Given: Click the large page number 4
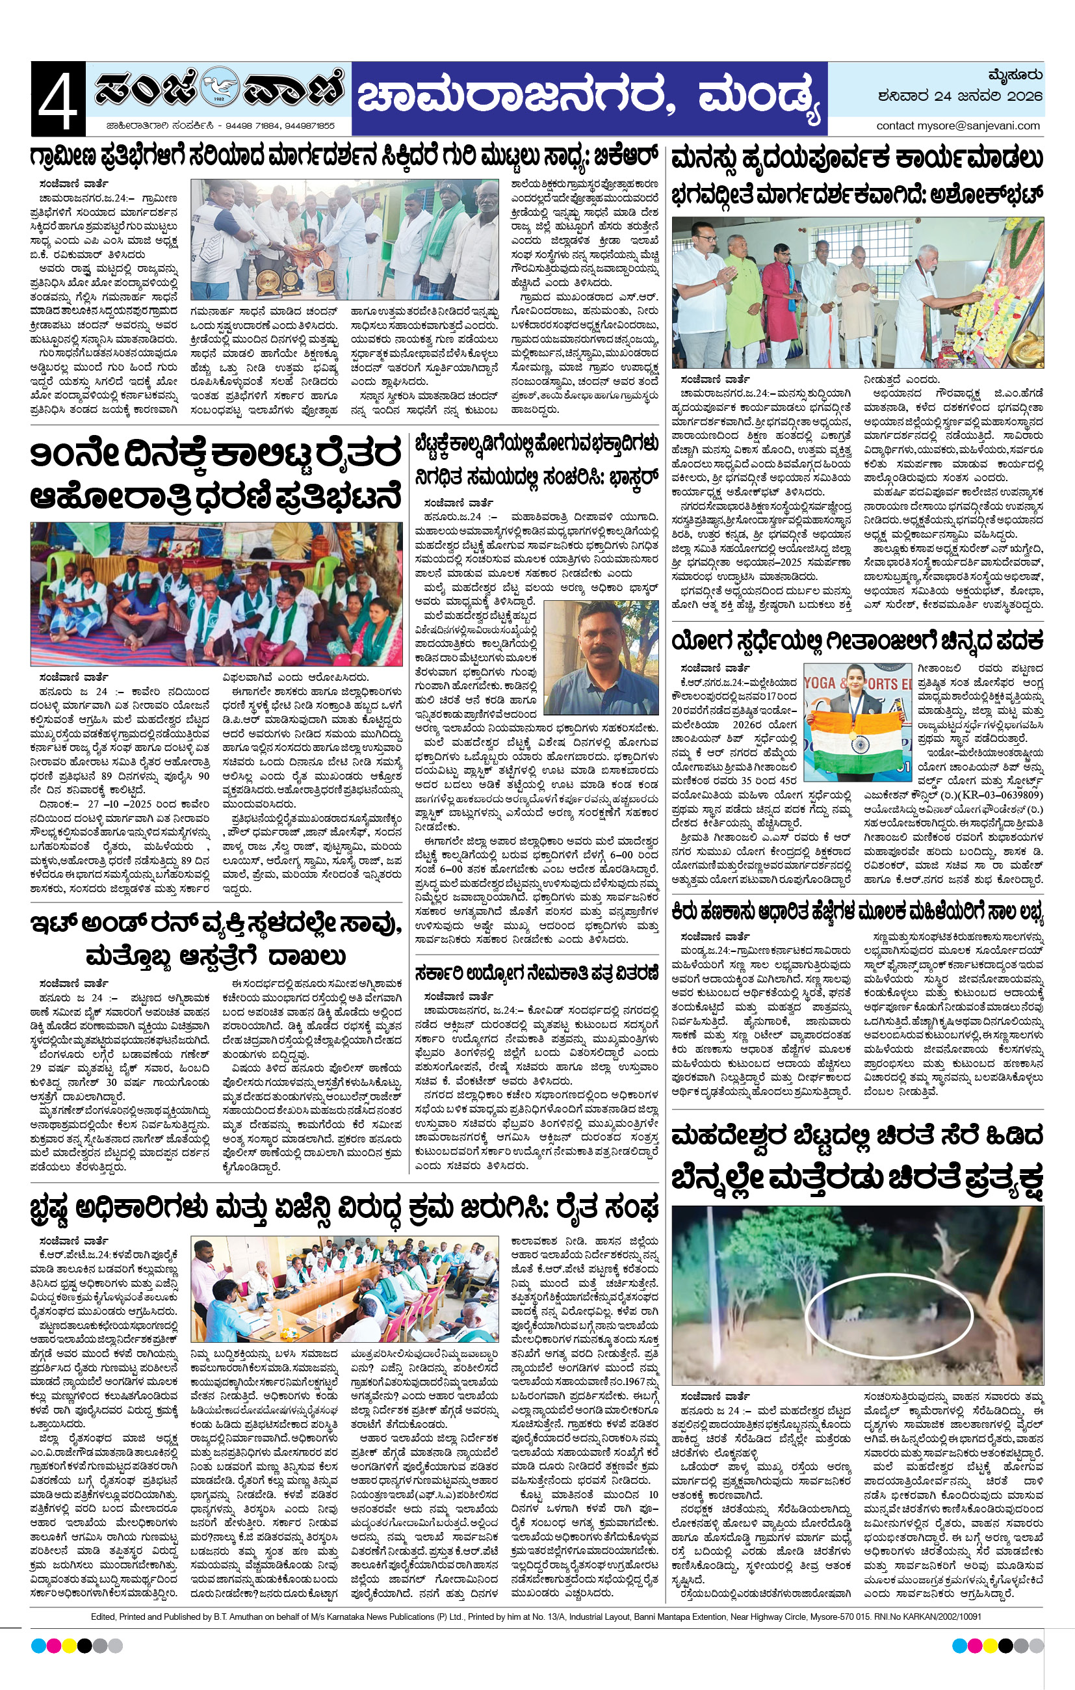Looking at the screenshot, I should tap(58, 99).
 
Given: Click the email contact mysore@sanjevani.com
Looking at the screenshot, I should tap(958, 125).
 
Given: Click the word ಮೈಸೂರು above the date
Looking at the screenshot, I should tap(1014, 75).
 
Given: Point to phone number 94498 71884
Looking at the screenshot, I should tap(252, 125).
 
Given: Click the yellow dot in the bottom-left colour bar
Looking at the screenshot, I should tap(70, 1646).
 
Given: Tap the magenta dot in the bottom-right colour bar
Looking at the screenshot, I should tap(975, 1646).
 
